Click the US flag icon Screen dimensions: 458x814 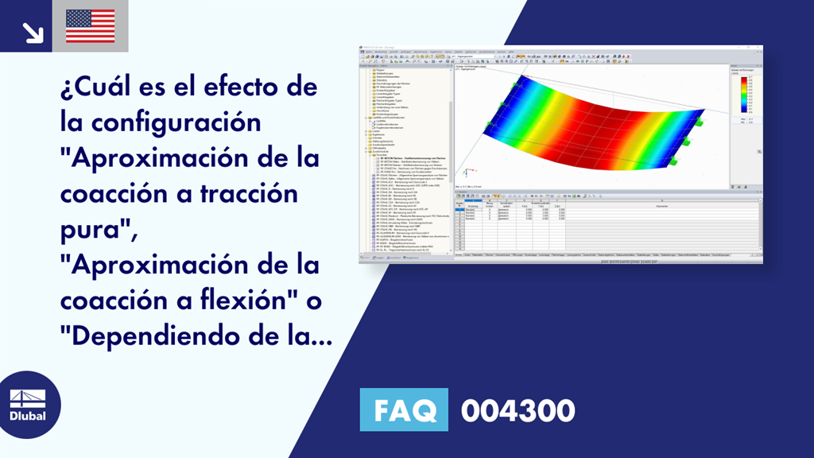[90, 25]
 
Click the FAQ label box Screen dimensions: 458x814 [405, 410]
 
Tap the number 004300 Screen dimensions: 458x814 [517, 410]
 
